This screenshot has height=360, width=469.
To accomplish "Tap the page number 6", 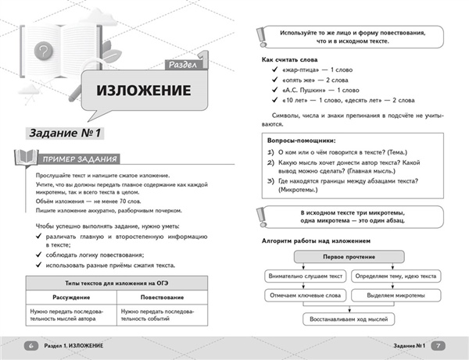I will pyautogui.click(x=30, y=345).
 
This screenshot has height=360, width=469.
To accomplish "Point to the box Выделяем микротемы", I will pyautogui.click(x=396, y=295).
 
